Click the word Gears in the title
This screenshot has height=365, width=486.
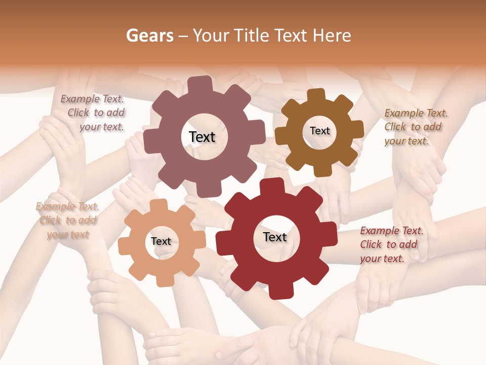point(150,35)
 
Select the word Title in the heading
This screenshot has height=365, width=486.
point(253,35)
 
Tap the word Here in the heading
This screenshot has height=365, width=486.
point(332,35)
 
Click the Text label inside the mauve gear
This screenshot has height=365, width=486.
point(202,137)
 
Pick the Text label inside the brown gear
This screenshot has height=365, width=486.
point(319,131)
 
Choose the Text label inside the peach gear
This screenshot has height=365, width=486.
point(161,242)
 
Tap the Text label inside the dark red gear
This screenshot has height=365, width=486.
point(275,237)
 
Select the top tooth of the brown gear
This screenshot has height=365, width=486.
point(316,95)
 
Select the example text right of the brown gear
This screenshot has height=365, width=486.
point(415,127)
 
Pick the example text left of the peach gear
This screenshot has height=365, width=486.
point(67,221)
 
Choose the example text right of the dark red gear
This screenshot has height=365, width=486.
point(391,245)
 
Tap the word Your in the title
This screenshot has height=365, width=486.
point(210,35)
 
